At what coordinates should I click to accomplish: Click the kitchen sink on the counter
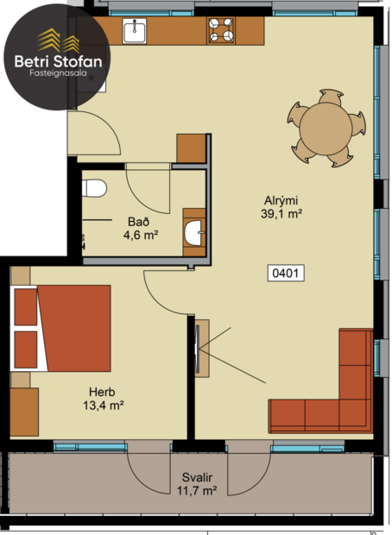point(134,32)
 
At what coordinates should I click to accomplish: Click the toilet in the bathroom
point(95,187)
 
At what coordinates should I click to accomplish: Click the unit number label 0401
point(288,274)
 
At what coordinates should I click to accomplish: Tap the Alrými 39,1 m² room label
point(282,208)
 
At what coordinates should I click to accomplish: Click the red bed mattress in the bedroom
point(73,328)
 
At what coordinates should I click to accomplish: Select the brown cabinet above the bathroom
point(191,148)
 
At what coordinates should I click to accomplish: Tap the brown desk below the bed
point(24,412)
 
